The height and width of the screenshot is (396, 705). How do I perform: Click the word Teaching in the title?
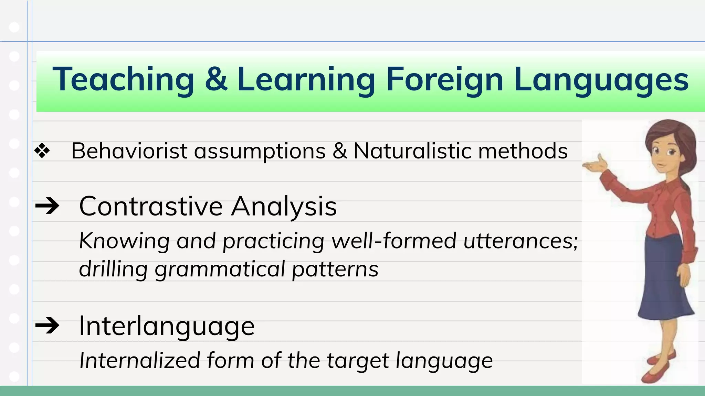(x=123, y=80)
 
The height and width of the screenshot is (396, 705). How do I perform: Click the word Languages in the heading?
(x=601, y=80)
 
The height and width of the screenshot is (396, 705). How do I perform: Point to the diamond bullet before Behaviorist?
(x=42, y=151)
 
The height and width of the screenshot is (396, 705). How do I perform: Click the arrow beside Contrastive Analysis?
(x=48, y=206)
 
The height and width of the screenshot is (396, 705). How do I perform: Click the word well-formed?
(x=394, y=241)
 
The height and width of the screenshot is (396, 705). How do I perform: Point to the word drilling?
(x=113, y=269)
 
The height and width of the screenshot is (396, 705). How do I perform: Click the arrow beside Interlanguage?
(x=48, y=325)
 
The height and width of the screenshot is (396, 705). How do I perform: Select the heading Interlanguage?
(x=167, y=326)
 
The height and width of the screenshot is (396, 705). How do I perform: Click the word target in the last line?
(x=358, y=361)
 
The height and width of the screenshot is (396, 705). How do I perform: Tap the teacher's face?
(x=664, y=155)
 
